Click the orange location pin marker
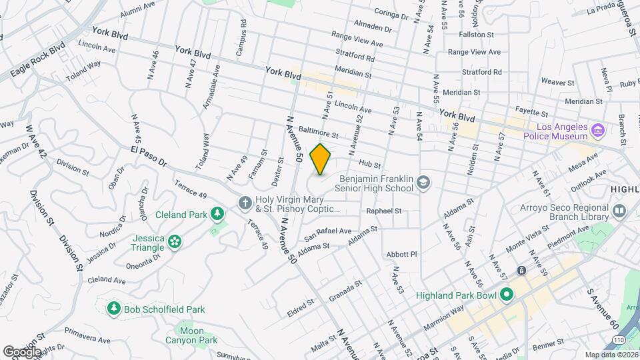[x=321, y=159]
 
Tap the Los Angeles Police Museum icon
[x=598, y=129]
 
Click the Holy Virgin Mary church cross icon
[x=245, y=202]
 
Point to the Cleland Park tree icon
[x=217, y=214]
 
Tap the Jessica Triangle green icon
[x=175, y=241]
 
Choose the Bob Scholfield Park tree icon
[x=114, y=309]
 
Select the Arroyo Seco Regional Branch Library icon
[x=620, y=211]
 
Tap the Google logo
[x=21, y=351]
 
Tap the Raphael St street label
[x=383, y=211]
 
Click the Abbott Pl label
[x=401, y=254]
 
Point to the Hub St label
[x=369, y=164]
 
